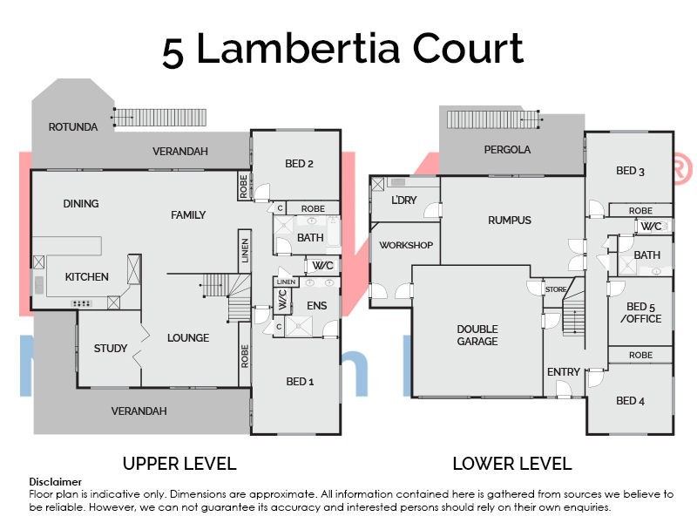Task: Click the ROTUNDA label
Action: [x=72, y=126]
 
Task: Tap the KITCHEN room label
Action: [x=87, y=277]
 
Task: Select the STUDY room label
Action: [x=111, y=349]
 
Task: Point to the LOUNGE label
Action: [x=187, y=338]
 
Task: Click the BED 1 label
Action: [x=301, y=382]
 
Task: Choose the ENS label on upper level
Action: [x=316, y=306]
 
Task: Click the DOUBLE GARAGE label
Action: [x=477, y=336]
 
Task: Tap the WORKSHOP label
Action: [x=406, y=245]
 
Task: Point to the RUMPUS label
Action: [x=510, y=221]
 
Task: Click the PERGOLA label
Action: [x=507, y=150]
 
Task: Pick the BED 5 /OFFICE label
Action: [x=644, y=313]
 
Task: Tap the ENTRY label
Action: [x=564, y=372]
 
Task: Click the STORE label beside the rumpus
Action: [x=555, y=289]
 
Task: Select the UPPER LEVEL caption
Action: [x=179, y=464]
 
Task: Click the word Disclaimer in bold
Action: [x=56, y=481]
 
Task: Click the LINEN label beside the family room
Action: [x=245, y=250]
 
